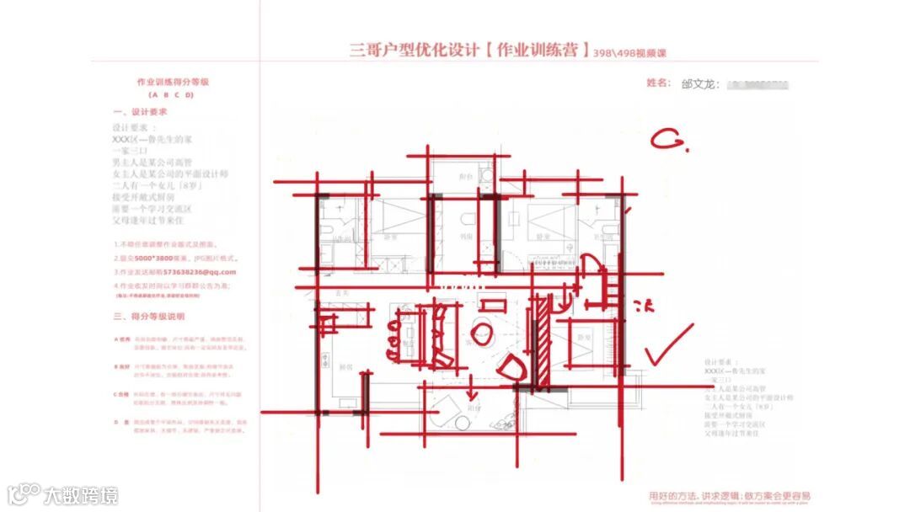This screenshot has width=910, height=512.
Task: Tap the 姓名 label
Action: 658,83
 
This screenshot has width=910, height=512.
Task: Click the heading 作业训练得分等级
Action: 172,83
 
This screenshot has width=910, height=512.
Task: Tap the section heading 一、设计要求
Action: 140,112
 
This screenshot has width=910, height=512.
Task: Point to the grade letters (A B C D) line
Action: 172,95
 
